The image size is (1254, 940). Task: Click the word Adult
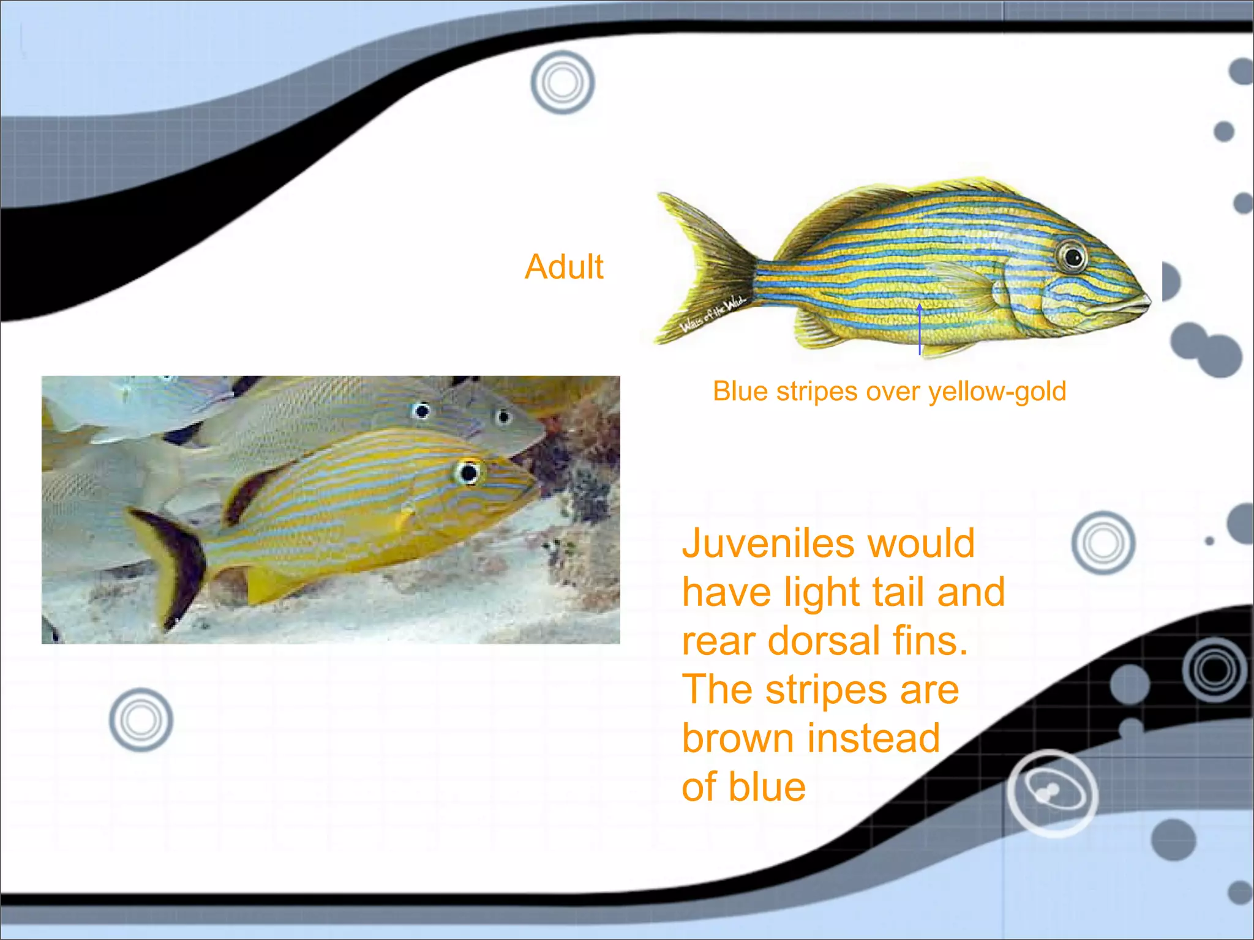tap(564, 267)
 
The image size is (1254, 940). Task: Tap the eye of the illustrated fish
tap(1072, 256)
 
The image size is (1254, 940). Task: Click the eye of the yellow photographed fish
tap(469, 472)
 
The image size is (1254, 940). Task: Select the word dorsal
tap(824, 641)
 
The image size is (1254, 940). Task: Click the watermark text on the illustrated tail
tap(713, 313)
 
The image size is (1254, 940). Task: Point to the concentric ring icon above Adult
tap(562, 83)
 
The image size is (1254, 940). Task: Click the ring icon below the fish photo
tap(141, 720)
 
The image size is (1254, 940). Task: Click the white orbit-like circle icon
tap(1053, 793)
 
